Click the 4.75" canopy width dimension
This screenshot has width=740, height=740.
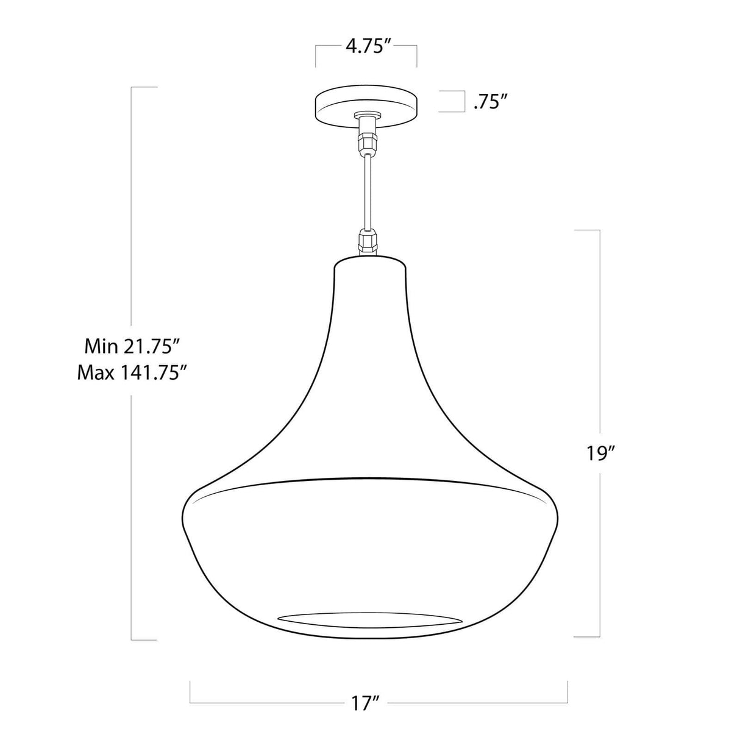pyautogui.click(x=368, y=46)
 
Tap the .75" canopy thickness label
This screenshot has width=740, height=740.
pyautogui.click(x=491, y=102)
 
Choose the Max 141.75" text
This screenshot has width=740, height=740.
pyautogui.click(x=131, y=372)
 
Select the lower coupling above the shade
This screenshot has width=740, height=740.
pyautogui.click(x=368, y=241)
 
